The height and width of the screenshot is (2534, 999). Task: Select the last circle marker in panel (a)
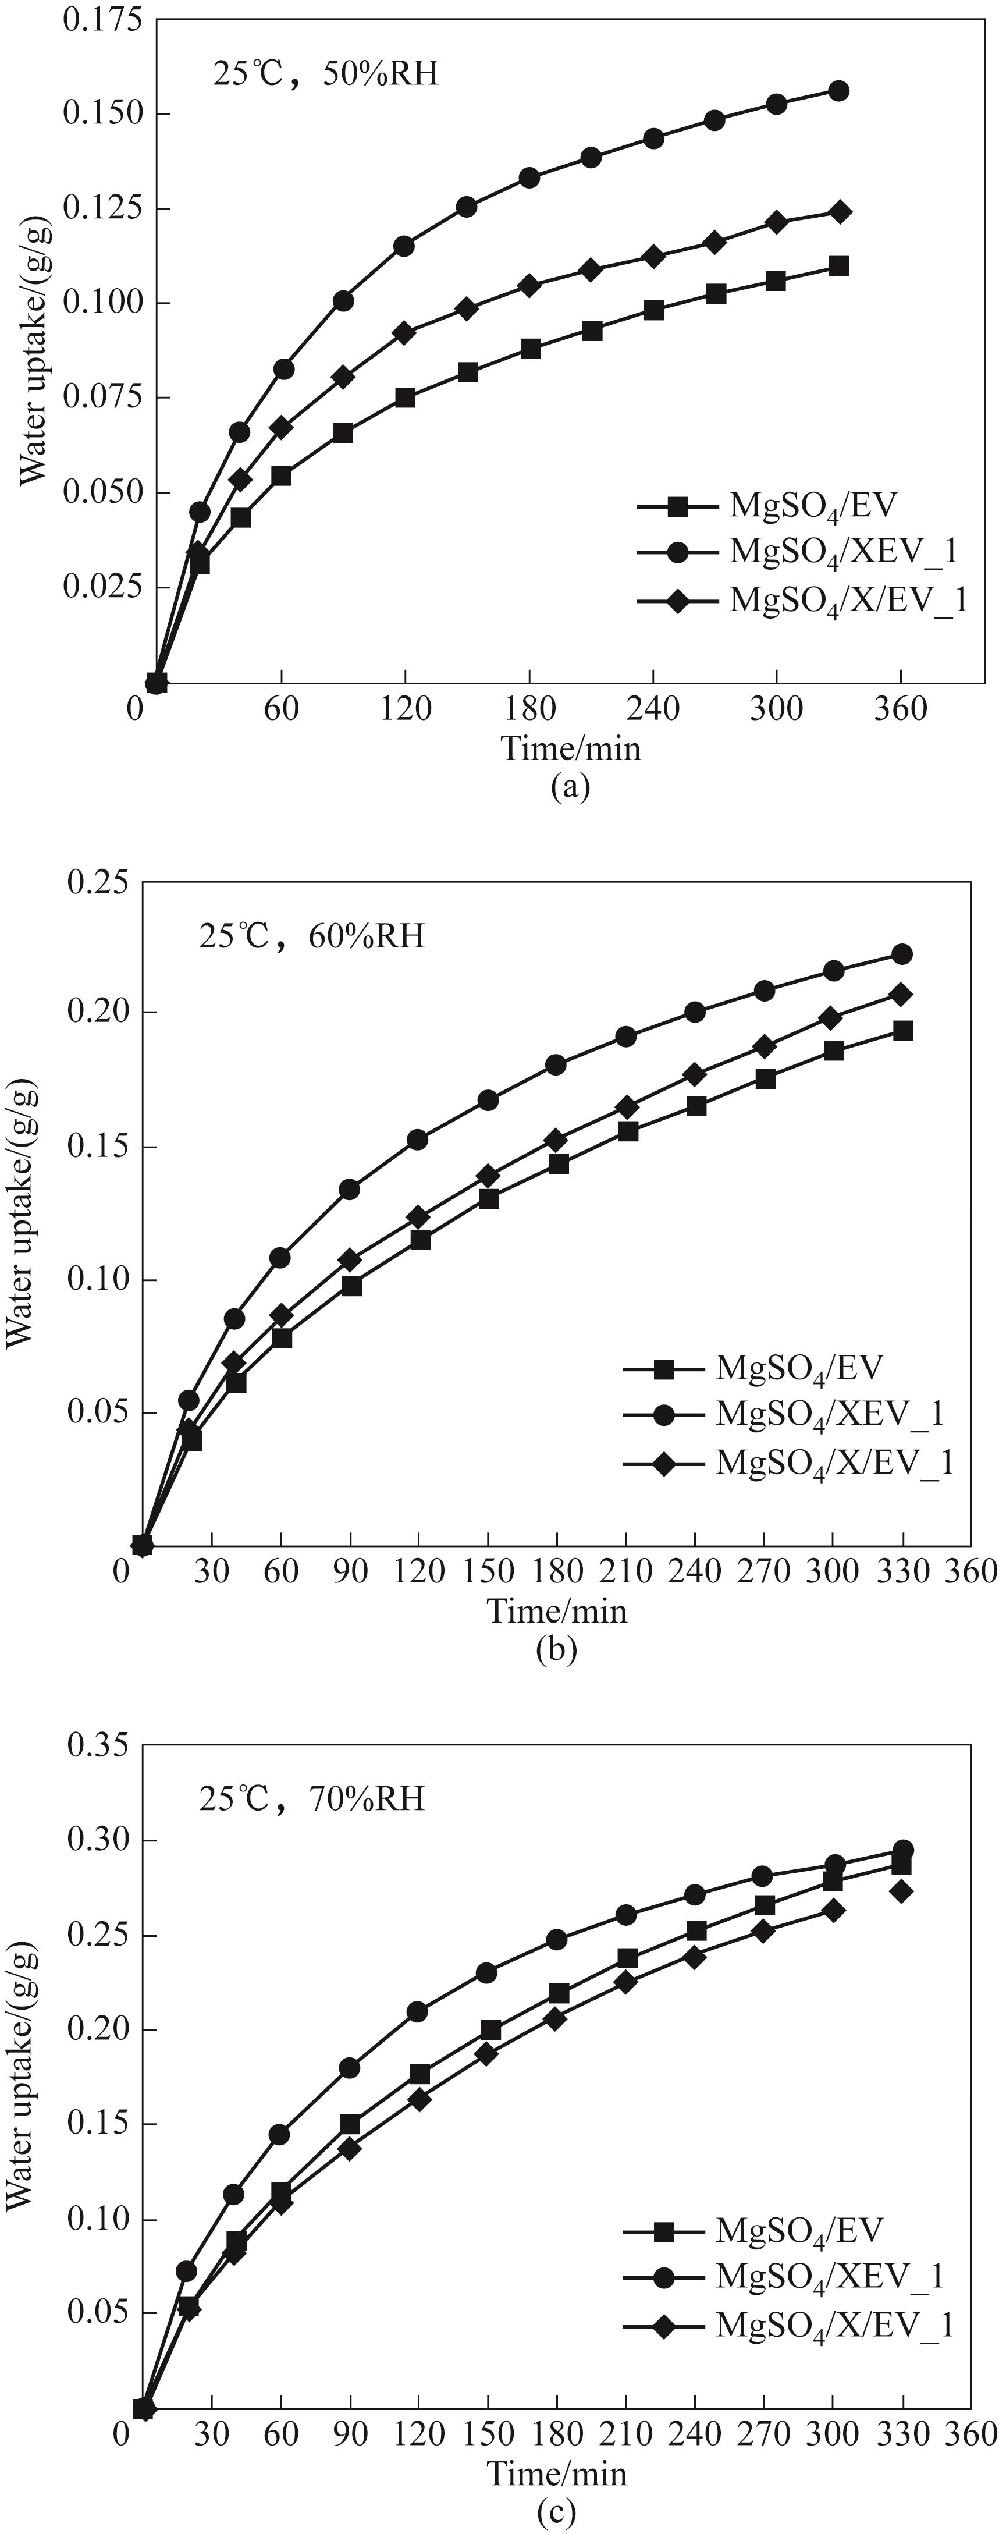(x=839, y=91)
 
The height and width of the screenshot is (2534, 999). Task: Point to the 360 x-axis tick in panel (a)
(x=901, y=708)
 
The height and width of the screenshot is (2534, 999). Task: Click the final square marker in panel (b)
(x=902, y=1030)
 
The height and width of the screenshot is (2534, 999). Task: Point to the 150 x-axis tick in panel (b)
(x=489, y=1571)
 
